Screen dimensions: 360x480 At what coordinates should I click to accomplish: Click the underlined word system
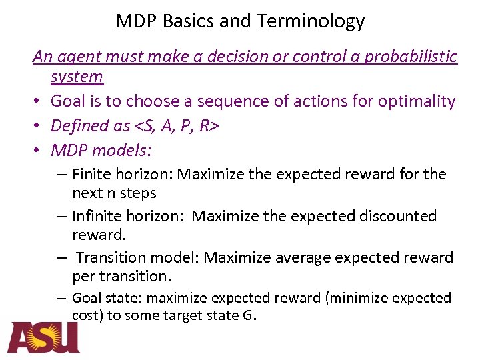click(77, 77)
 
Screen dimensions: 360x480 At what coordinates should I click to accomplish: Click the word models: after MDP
click(124, 150)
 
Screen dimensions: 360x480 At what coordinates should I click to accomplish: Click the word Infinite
click(95, 217)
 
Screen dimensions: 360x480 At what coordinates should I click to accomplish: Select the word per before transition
click(83, 276)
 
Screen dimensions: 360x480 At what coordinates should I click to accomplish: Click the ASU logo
click(43, 337)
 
